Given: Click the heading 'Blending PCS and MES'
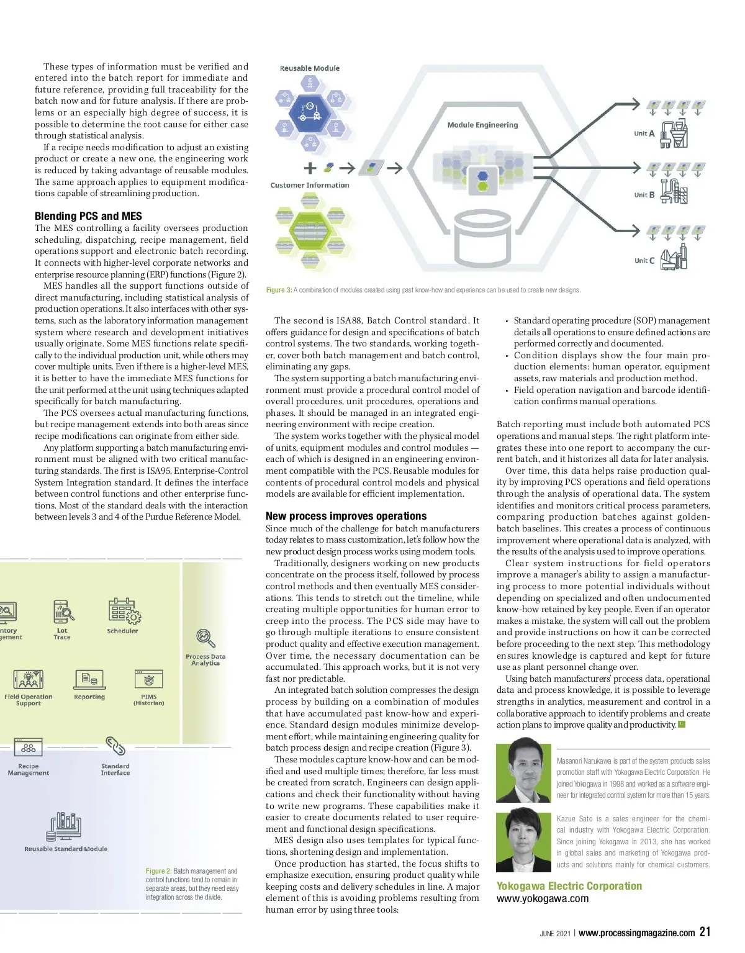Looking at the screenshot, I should tap(88, 216).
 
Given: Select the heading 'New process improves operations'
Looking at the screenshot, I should tap(346, 516).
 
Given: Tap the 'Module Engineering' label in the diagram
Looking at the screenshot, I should tap(482, 125).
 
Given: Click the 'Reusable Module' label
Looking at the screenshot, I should tap(309, 68).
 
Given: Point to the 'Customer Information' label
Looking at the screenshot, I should tap(310, 185).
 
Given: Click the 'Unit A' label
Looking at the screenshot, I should tap(644, 133).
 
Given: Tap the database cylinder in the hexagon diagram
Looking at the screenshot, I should tap(484, 241).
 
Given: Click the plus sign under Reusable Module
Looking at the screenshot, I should tap(310, 168).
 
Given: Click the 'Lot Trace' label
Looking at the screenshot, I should tap(62, 634).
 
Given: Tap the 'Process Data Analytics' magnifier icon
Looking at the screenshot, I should tap(205, 638).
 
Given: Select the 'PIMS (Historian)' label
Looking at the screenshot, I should tap(149, 700).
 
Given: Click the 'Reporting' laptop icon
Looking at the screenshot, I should tap(89, 680).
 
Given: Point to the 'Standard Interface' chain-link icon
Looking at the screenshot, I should tap(115, 746).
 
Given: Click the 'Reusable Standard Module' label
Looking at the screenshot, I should tap(66, 849).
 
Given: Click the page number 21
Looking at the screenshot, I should tap(705, 931).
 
